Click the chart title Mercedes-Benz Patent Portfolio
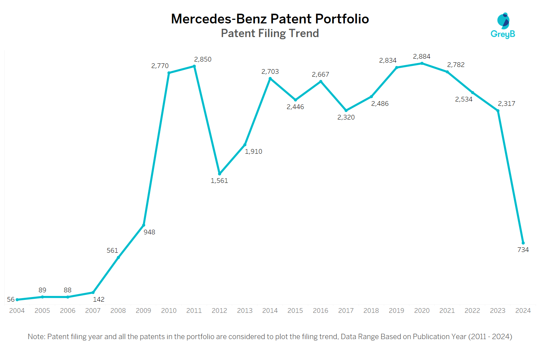point(270,19)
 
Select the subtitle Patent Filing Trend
point(270,33)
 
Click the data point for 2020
point(422,63)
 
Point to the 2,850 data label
point(203,59)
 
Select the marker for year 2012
point(220,174)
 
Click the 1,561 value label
point(219,181)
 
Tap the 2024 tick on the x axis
point(523,311)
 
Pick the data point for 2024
point(523,243)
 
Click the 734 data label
point(523,250)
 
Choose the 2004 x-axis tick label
point(17,311)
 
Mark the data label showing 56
point(11,300)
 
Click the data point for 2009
point(144,225)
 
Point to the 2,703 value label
point(270,72)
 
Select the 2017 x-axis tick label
point(346,311)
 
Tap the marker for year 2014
point(270,78)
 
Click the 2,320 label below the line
point(346,117)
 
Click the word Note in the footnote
point(36,337)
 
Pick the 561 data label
point(112,251)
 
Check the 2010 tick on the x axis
point(168,311)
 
